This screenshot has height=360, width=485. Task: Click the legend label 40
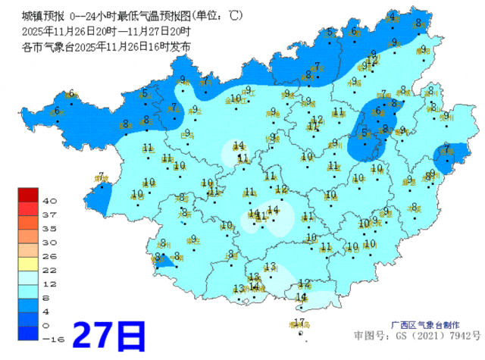click(x=51, y=201)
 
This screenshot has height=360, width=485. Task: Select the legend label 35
click(x=51, y=228)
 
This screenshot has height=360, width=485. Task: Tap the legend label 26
click(x=51, y=255)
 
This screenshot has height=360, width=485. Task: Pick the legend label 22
click(x=51, y=270)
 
